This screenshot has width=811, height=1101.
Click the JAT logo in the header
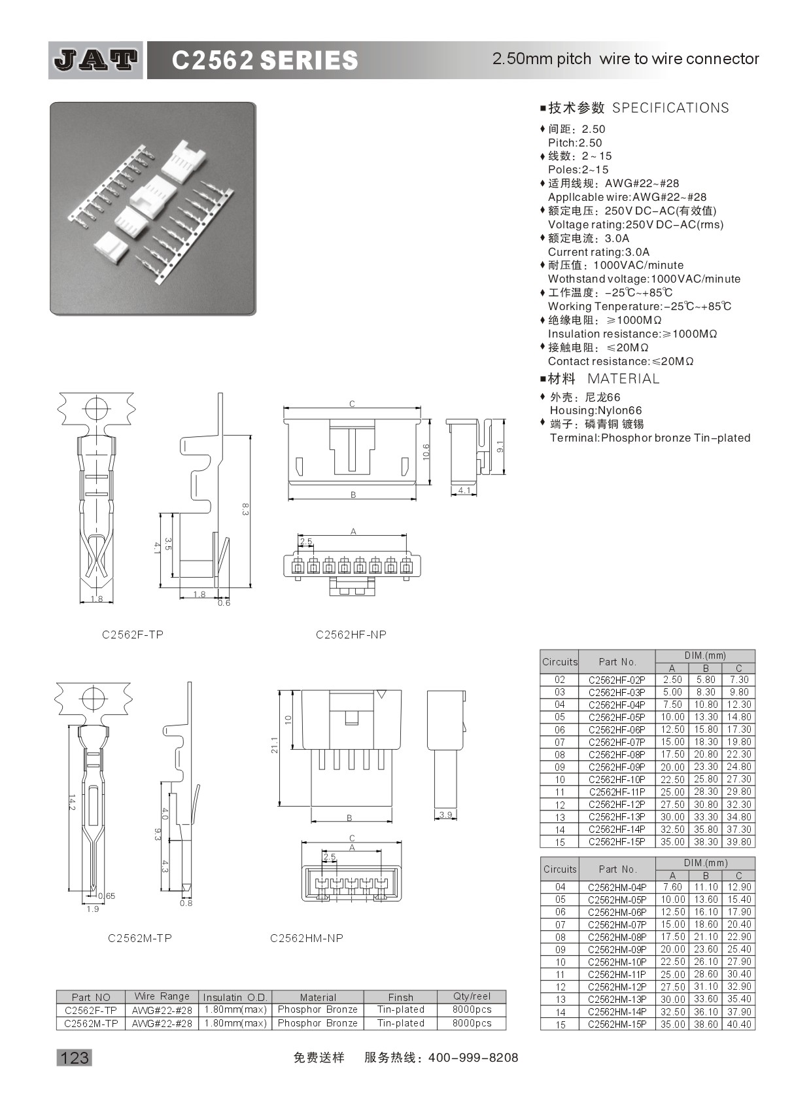click(95, 60)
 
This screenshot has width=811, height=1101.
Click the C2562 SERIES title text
click(264, 61)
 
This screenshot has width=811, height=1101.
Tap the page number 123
click(74, 1057)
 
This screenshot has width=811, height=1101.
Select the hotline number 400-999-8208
click(472, 1057)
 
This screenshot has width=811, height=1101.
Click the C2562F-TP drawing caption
click(133, 635)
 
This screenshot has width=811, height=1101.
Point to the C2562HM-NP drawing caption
click(306, 937)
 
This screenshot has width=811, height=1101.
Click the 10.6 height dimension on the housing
click(426, 452)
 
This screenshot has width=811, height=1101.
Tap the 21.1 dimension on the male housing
click(275, 744)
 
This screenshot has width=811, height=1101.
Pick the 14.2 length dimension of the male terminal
click(71, 803)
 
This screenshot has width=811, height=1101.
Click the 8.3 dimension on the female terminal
click(245, 509)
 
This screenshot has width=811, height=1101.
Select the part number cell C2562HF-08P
click(616, 754)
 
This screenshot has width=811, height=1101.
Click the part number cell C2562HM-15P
click(616, 1024)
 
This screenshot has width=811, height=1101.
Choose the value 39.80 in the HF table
click(738, 842)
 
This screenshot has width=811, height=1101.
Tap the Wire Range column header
click(162, 996)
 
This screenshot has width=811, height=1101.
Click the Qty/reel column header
click(472, 996)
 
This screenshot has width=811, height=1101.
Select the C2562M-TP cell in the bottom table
click(91, 1023)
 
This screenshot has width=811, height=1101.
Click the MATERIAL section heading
click(623, 379)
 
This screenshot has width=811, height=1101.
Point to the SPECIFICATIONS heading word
click(670, 108)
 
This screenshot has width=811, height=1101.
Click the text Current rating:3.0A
click(598, 252)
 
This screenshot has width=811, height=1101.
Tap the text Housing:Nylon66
click(596, 410)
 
